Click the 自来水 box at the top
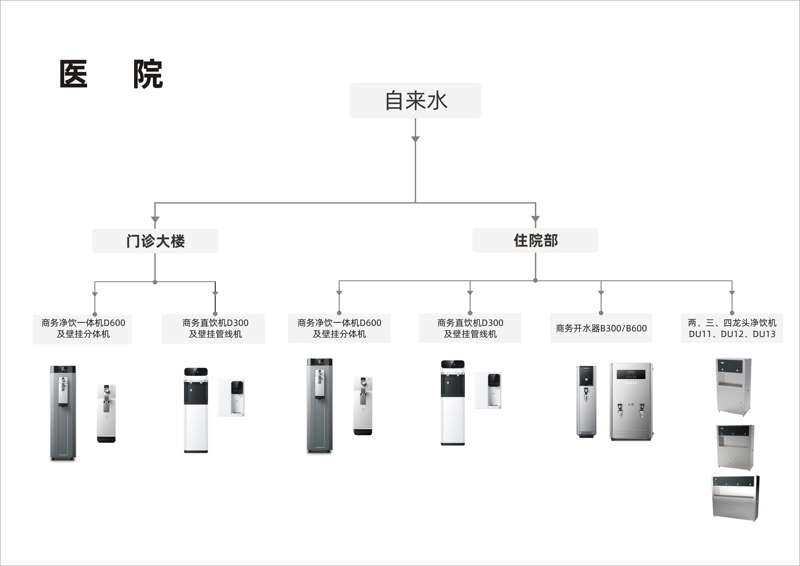pos(415,100)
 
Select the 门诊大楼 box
pos(155,241)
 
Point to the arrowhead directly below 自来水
pos(415,139)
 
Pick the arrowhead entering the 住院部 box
pos(535,219)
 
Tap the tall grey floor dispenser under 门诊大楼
pos(63,413)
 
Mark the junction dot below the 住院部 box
pos(535,280)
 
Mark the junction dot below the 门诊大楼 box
pos(155,282)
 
